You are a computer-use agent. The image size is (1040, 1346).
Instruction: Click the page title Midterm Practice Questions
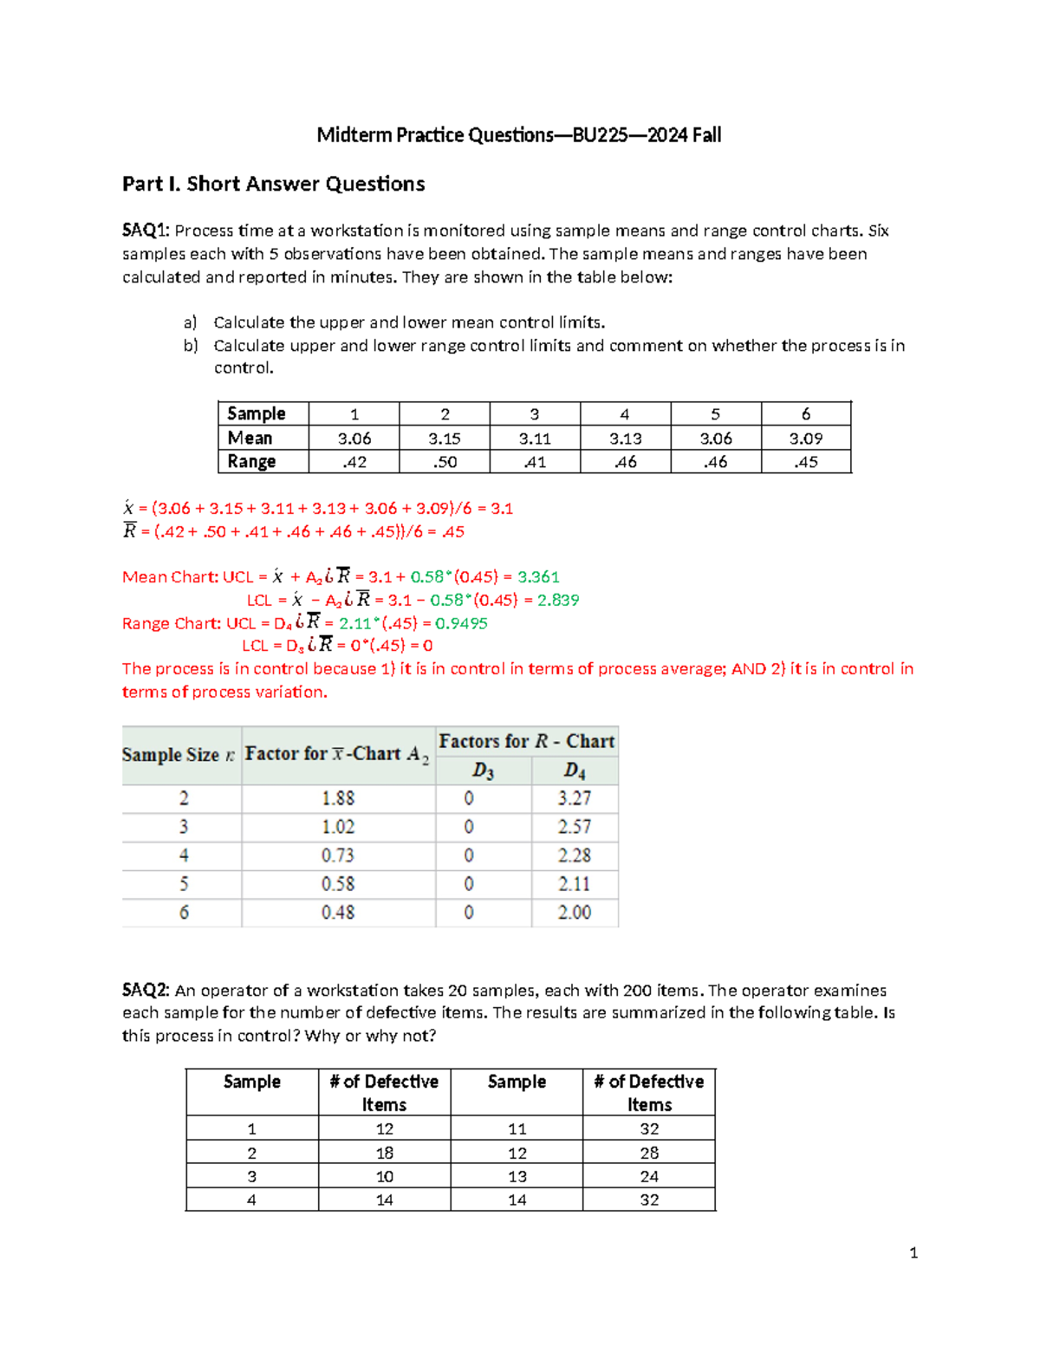pyautogui.click(x=518, y=135)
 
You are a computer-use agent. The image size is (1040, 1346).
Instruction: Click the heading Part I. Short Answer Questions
pyautogui.click(x=273, y=184)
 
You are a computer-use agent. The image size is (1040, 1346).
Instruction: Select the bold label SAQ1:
pyautogui.click(x=146, y=231)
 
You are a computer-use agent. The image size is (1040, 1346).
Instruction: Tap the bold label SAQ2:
pyautogui.click(x=146, y=991)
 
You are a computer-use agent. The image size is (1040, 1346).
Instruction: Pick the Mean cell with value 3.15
pyautogui.click(x=444, y=439)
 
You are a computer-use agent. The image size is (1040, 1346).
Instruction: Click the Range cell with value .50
pyautogui.click(x=444, y=462)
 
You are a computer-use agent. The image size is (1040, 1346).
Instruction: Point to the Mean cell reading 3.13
pyautogui.click(x=625, y=439)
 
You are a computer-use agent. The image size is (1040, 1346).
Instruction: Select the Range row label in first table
pyautogui.click(x=251, y=462)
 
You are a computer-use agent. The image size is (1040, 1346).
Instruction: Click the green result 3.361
pyautogui.click(x=538, y=577)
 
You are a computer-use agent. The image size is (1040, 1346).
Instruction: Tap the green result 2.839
pyautogui.click(x=558, y=600)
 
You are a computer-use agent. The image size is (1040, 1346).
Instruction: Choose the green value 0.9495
pyautogui.click(x=461, y=623)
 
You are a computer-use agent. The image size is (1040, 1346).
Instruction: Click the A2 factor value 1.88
pyautogui.click(x=338, y=798)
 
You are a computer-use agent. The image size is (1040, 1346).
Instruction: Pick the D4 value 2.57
pyautogui.click(x=574, y=827)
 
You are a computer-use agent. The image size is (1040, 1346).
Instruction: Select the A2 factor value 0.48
pyautogui.click(x=338, y=913)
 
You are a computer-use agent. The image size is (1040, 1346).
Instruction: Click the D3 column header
pyautogui.click(x=483, y=771)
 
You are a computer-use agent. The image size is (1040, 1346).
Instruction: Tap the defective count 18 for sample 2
pyautogui.click(x=384, y=1153)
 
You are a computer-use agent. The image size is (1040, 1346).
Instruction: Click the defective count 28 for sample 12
pyautogui.click(x=649, y=1153)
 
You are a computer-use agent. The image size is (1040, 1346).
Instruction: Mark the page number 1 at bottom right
pyautogui.click(x=913, y=1252)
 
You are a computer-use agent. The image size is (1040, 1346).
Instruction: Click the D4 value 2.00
pyautogui.click(x=574, y=913)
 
